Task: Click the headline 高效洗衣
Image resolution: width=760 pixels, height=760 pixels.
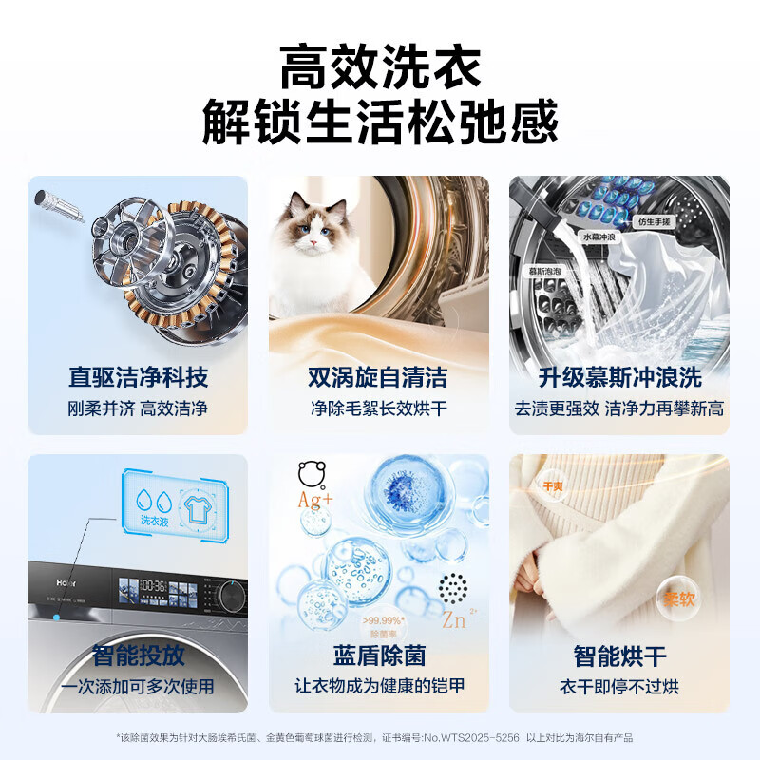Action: point(380,68)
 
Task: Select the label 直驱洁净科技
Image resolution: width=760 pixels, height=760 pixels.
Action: point(138,377)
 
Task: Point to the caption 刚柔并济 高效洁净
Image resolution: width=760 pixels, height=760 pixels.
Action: point(138,409)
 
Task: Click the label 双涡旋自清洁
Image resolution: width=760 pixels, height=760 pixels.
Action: point(378,377)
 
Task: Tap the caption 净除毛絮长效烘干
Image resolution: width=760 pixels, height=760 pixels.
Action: point(378,409)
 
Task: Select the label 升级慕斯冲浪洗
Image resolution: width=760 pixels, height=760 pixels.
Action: point(619,377)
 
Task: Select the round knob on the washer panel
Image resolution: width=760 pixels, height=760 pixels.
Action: point(230,595)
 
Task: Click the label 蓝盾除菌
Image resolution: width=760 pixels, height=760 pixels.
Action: point(379,655)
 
